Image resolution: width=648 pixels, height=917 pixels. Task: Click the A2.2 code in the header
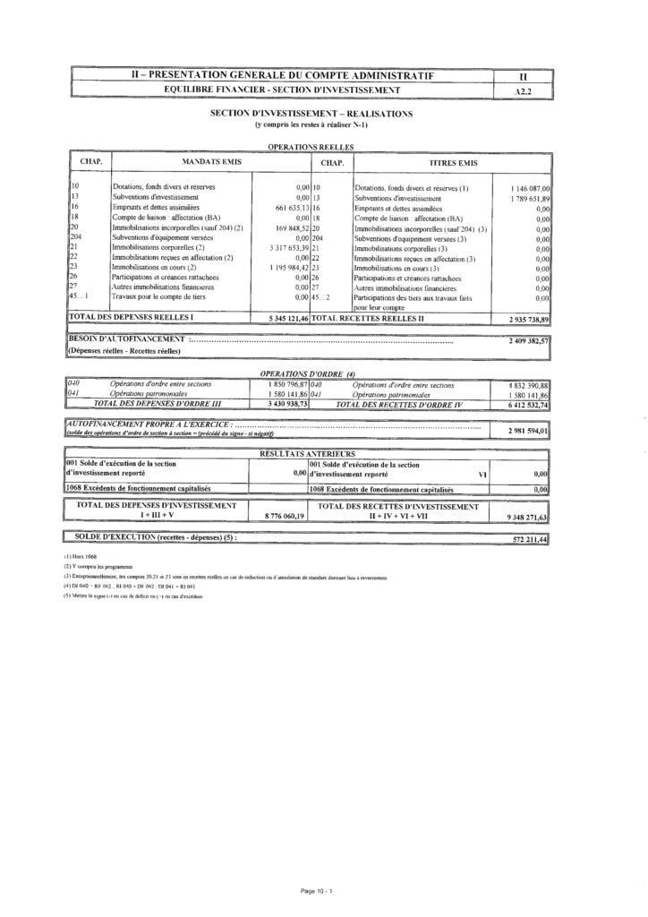click(x=525, y=90)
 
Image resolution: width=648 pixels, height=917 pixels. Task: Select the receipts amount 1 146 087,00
click(x=530, y=188)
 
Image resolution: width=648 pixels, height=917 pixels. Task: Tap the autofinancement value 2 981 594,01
click(x=528, y=430)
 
